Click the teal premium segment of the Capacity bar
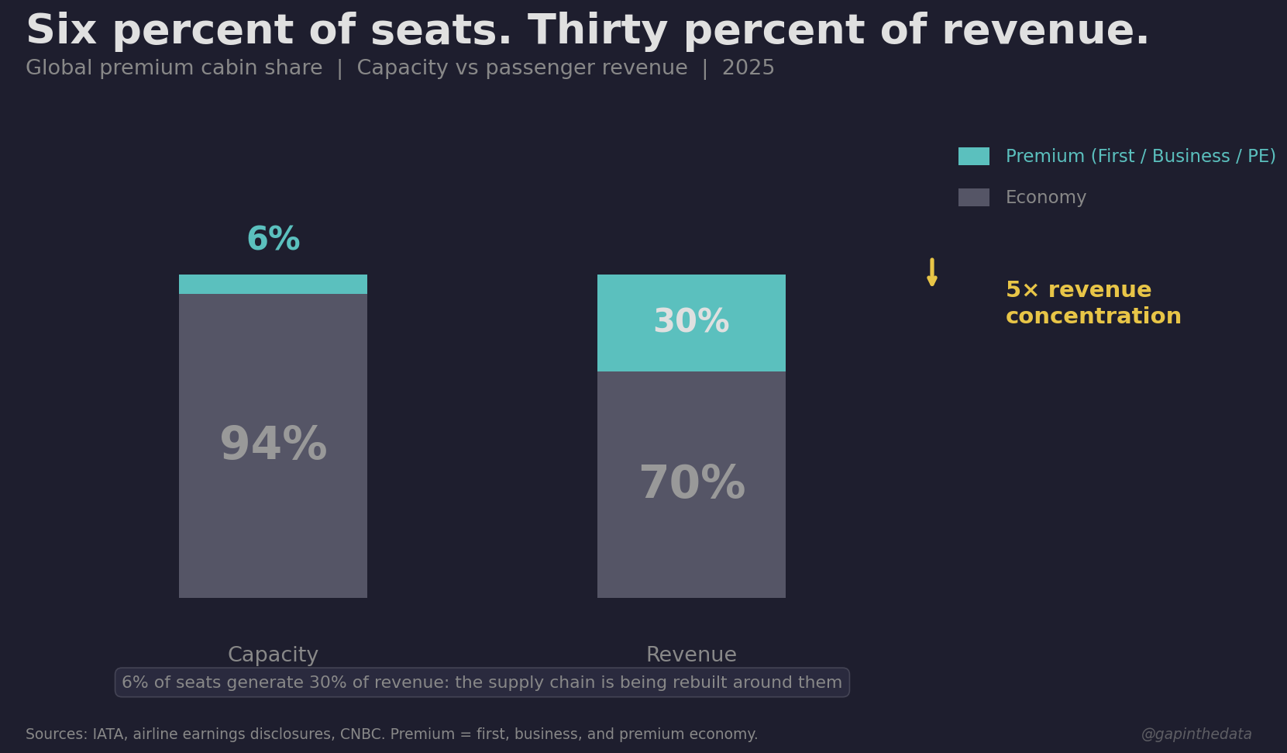(x=273, y=285)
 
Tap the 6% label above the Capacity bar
(x=273, y=240)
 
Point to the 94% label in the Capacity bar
(x=273, y=445)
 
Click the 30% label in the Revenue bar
(x=691, y=322)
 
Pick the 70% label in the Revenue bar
(x=691, y=484)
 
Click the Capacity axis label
(x=273, y=655)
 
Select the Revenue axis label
(x=691, y=655)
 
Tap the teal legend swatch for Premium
(x=973, y=157)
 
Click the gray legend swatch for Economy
(x=973, y=198)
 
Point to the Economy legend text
(x=1045, y=198)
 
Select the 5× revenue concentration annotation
(x=1093, y=303)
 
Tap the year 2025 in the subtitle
(x=748, y=68)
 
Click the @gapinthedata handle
(x=1196, y=734)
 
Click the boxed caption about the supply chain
(x=482, y=682)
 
